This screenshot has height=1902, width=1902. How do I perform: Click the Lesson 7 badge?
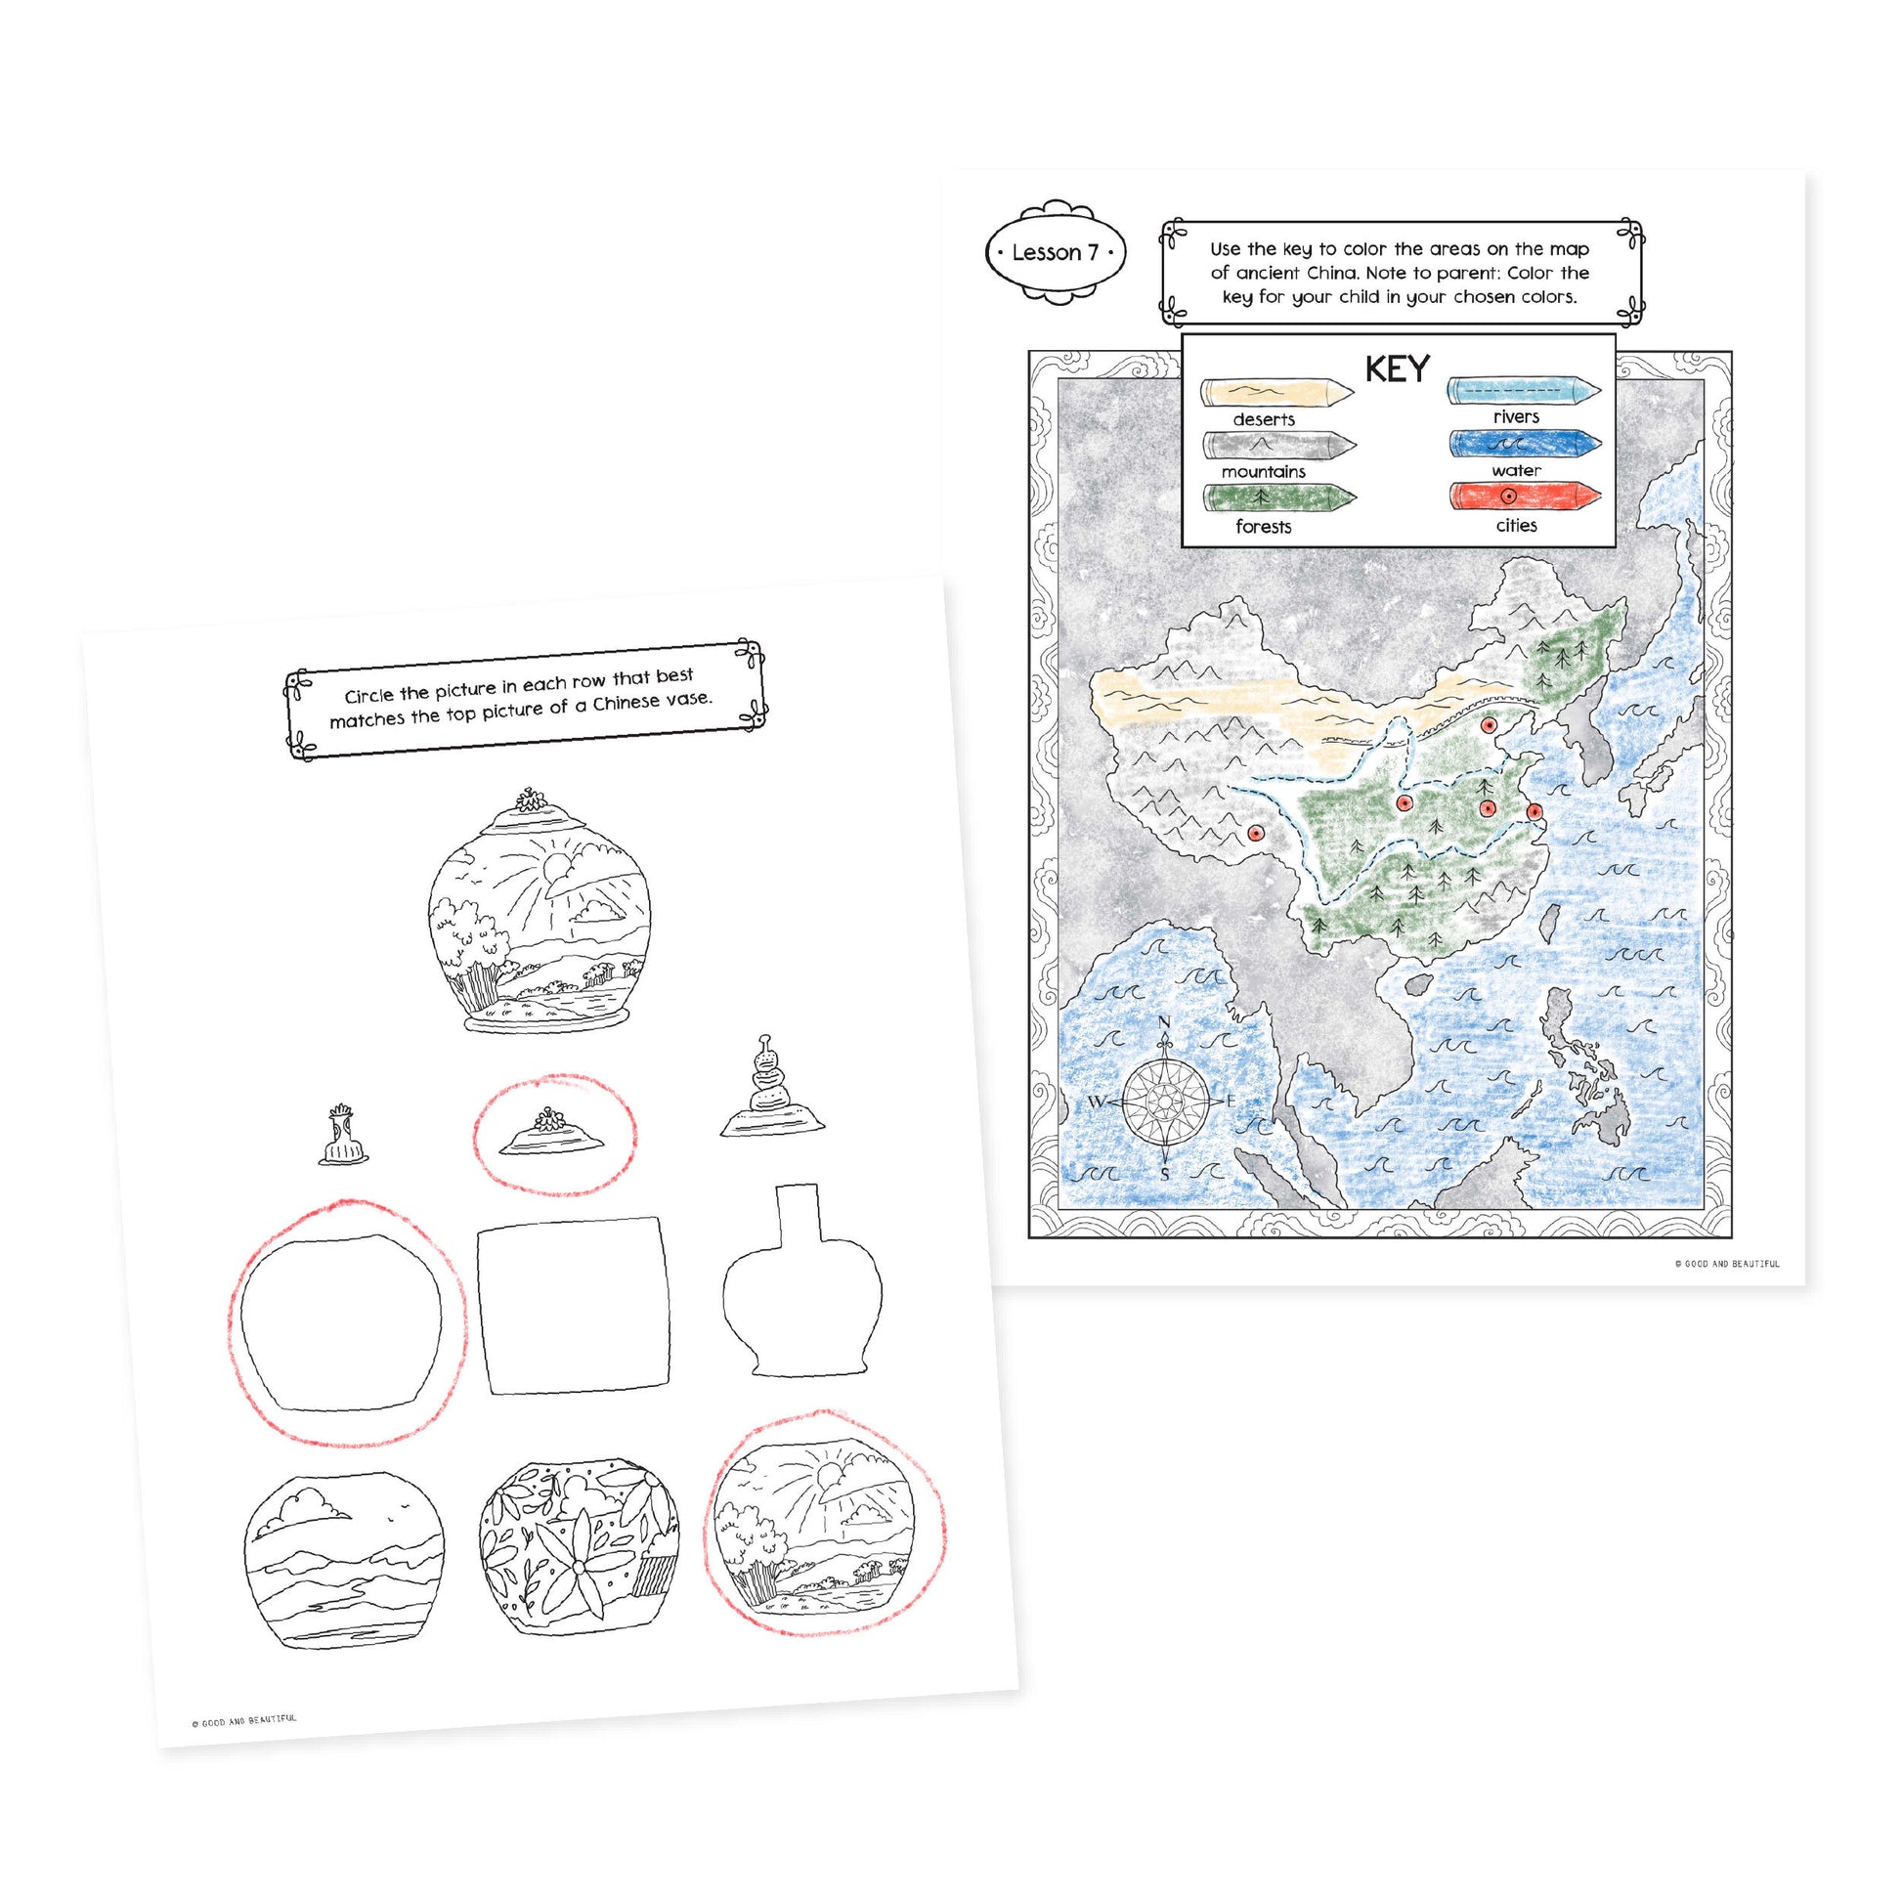(1056, 252)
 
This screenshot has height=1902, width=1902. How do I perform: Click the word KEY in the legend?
(1397, 369)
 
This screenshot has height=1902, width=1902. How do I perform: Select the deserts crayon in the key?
(1276, 393)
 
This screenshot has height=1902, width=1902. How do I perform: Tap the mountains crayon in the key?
(1278, 446)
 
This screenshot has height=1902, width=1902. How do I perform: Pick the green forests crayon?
(1278, 499)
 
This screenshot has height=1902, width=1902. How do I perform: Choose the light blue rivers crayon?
(1524, 391)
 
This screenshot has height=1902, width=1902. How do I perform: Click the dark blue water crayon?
(1525, 444)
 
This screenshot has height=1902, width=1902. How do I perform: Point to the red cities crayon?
(1525, 497)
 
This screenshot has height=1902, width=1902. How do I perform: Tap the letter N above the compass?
(1165, 1023)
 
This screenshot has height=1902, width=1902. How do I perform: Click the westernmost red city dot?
(1255, 833)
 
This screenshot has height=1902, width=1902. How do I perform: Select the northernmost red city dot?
(1490, 725)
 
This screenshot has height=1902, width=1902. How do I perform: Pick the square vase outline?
(573, 1306)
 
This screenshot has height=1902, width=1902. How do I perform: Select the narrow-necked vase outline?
(802, 1280)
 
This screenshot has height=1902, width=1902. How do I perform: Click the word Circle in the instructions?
(369, 695)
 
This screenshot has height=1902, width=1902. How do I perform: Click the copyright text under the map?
(1727, 1263)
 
